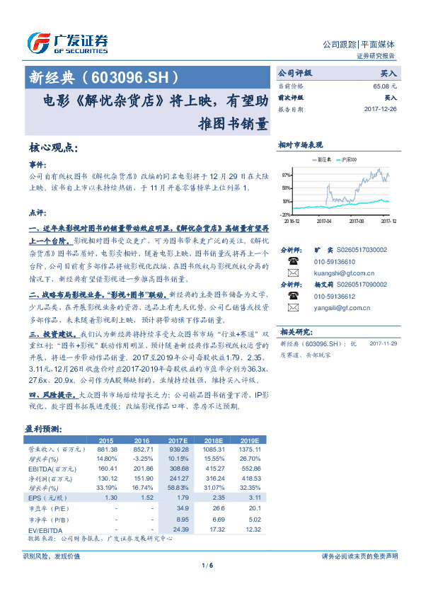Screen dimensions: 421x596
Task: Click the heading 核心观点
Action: click(x=53, y=148)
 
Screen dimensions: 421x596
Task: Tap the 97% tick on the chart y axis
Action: click(x=286, y=174)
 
